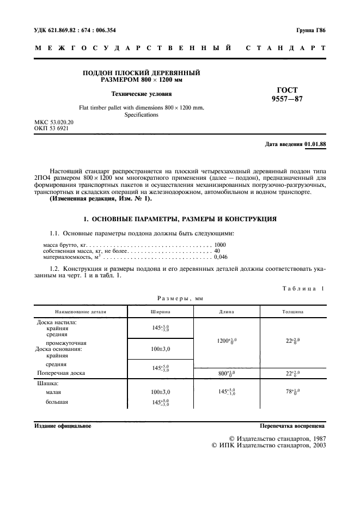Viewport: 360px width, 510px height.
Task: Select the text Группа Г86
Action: (310, 30)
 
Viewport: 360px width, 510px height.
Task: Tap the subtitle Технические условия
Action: (141, 93)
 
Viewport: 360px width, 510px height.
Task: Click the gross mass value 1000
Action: (220, 245)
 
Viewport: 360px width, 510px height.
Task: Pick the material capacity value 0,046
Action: (221, 257)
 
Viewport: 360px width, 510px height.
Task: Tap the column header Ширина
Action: (161, 312)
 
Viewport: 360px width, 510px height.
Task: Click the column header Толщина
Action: (292, 312)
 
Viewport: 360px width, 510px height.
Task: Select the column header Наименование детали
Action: (81, 312)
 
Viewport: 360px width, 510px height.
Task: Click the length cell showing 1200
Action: (227, 341)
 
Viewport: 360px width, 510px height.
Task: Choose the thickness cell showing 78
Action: (292, 391)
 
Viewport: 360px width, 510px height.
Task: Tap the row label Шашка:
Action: (48, 383)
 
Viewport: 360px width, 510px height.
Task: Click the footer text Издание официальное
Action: (63, 426)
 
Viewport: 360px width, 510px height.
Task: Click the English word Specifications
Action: (141, 115)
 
